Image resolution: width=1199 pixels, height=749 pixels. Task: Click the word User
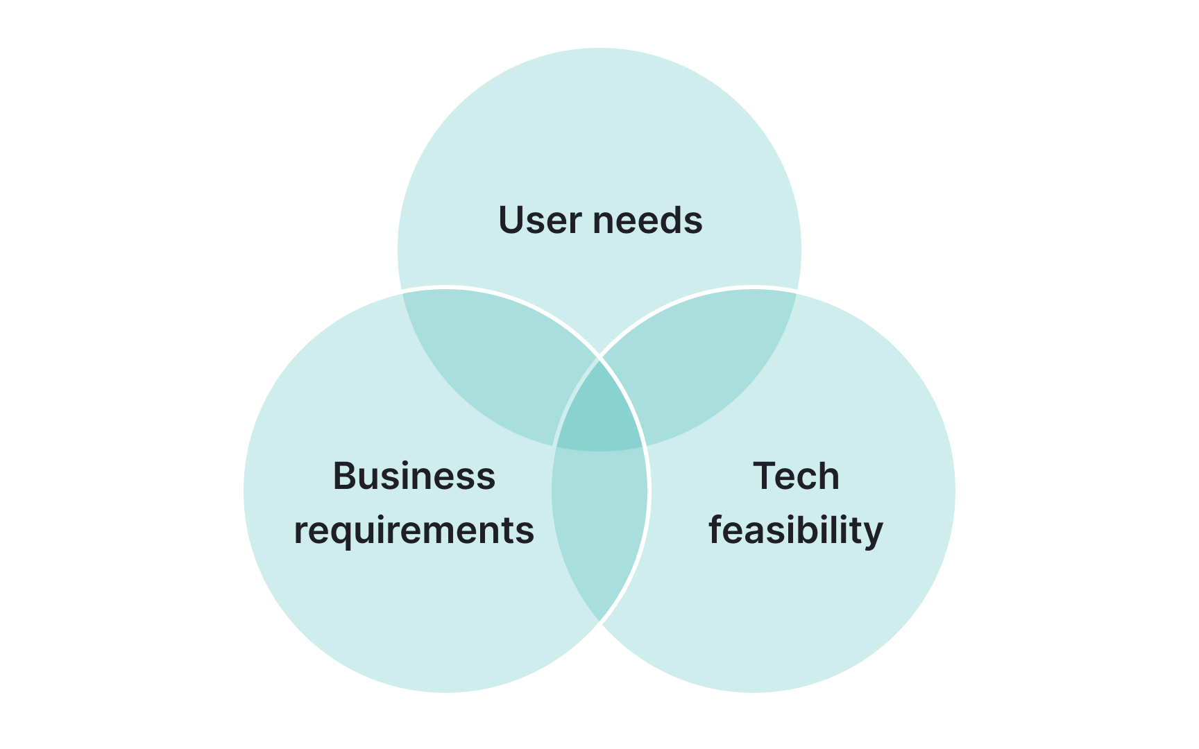pos(540,221)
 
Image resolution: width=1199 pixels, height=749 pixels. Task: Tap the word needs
pos(647,221)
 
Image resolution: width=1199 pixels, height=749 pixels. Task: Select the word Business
pos(414,476)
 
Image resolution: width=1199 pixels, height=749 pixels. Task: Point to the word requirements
pos(414,531)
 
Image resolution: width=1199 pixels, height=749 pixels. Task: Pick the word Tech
pos(796,476)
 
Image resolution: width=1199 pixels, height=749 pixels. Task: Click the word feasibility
pos(796,531)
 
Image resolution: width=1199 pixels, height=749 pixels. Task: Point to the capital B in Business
pos(345,476)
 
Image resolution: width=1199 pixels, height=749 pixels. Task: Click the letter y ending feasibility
pos(873,534)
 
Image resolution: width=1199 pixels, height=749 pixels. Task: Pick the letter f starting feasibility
pos(715,531)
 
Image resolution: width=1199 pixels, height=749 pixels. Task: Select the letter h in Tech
pos(829,476)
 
